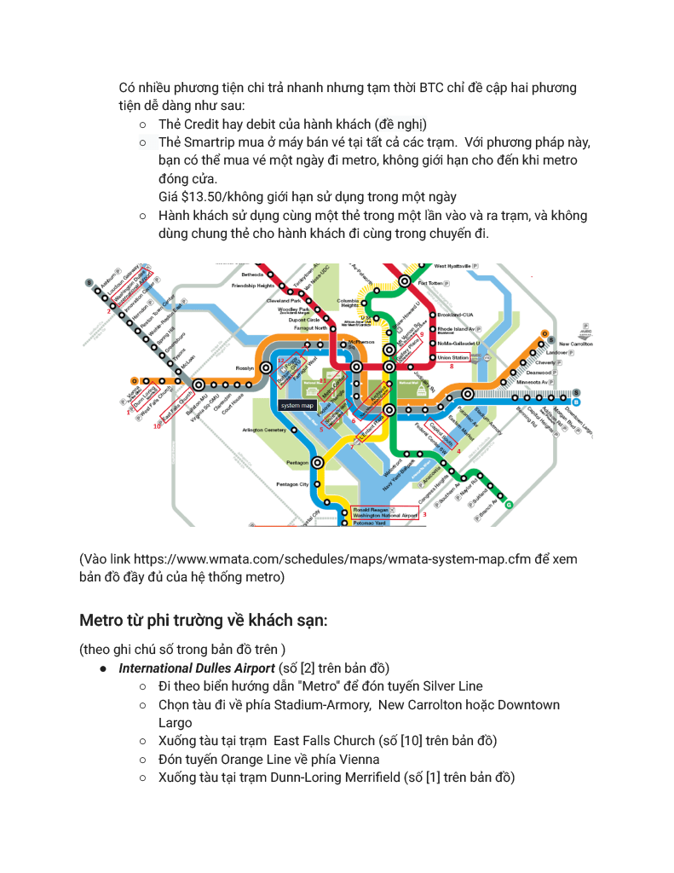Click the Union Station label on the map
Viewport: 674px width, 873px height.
(x=452, y=357)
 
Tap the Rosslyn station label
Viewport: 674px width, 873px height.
(x=246, y=368)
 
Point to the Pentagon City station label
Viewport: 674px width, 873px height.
(x=292, y=484)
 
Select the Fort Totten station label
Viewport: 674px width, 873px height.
(x=430, y=283)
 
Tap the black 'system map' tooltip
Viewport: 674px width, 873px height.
(x=297, y=405)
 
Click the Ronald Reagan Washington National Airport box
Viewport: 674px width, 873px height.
(x=386, y=512)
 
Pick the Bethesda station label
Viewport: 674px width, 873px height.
(x=253, y=275)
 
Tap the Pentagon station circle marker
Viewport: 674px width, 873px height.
(x=318, y=462)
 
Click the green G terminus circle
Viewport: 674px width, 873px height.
(x=510, y=505)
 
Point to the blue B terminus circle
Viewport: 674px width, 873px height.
(x=577, y=402)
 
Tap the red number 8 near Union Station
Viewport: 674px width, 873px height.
(x=452, y=367)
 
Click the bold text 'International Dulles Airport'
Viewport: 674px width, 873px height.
(x=196, y=668)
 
